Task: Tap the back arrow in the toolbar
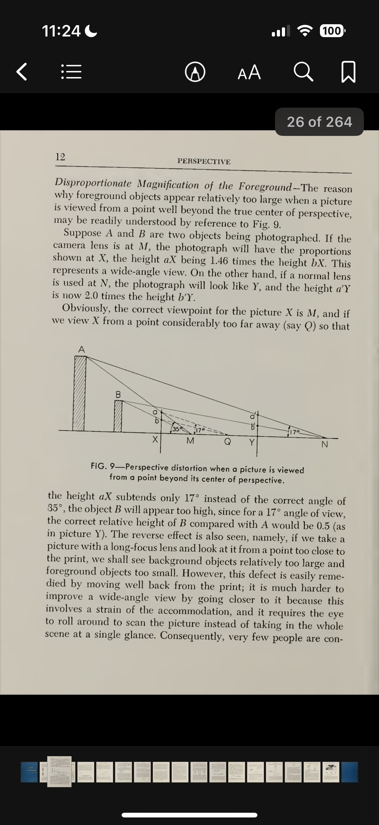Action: pos(21,72)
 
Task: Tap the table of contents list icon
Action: pos(71,72)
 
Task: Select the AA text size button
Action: pos(249,72)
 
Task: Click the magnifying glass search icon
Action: pos(303,72)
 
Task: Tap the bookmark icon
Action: pos(348,72)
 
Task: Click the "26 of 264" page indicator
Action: pos(319,122)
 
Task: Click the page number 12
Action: pos(60,157)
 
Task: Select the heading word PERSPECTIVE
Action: pos(204,161)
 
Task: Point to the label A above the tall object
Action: pos(82,349)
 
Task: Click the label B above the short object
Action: pos(118,395)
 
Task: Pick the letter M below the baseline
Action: pos(190,441)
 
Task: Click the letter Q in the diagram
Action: pos(228,442)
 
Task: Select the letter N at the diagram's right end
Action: pos(325,444)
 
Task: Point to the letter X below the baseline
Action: pos(155,439)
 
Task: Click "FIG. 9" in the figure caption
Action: pos(103,466)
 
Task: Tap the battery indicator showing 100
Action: pos(332,31)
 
